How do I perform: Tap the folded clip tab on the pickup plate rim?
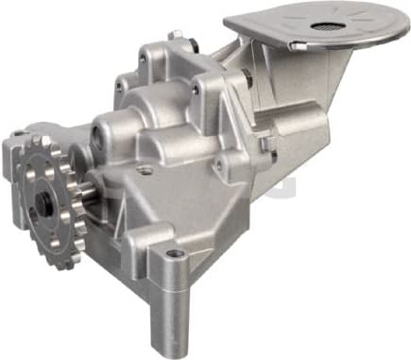pos(296,45)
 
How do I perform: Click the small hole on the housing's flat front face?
pos(145,171)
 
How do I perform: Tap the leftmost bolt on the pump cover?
pos(119,86)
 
